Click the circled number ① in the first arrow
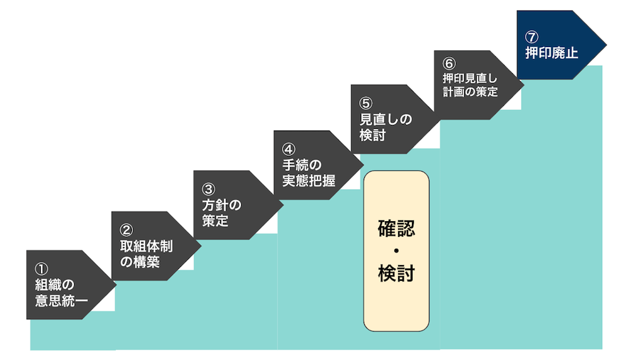41,269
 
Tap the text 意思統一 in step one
62,302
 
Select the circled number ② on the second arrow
126,230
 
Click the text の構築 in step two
139,261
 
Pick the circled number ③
208,189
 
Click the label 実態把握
308,181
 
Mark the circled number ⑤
366,103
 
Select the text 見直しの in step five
386,119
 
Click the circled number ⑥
448,63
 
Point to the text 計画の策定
470,92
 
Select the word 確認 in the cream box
396,229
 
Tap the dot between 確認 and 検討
396,251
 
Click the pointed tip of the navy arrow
605,45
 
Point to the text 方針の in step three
222,205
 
